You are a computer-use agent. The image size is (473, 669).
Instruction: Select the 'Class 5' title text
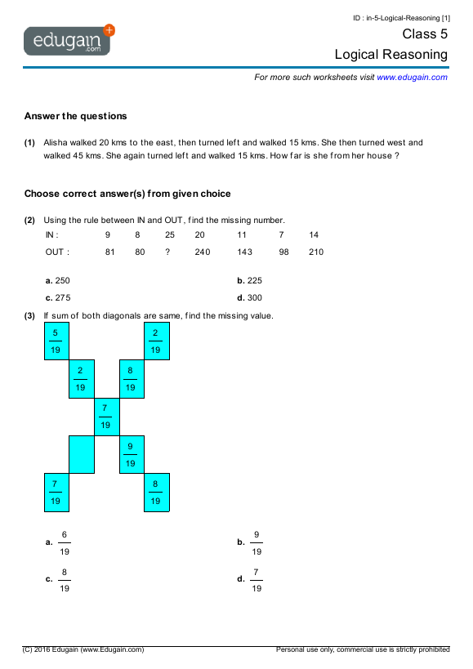click(x=425, y=34)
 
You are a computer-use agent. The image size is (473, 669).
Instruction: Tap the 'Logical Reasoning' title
click(x=390, y=55)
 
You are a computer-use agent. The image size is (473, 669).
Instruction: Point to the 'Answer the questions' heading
click(x=75, y=116)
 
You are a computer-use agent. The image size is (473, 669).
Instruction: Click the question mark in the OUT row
click(x=167, y=252)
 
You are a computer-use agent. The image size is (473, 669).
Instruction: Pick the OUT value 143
click(x=244, y=252)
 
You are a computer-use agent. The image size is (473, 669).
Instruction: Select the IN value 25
click(x=169, y=235)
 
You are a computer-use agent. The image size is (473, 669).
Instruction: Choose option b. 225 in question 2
click(x=249, y=280)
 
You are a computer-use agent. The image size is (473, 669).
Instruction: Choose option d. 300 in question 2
click(x=249, y=298)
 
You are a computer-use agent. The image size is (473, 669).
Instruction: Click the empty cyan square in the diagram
click(x=81, y=454)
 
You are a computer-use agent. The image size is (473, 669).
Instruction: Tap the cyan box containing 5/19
click(x=56, y=341)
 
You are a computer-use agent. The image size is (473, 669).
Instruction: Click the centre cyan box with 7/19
click(x=105, y=417)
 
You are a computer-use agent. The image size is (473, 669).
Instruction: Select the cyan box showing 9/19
click(x=131, y=454)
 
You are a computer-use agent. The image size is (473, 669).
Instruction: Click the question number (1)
click(x=29, y=142)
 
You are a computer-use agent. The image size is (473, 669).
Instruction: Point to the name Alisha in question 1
click(x=56, y=142)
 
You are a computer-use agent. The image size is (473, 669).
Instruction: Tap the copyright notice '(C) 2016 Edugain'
click(x=83, y=649)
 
